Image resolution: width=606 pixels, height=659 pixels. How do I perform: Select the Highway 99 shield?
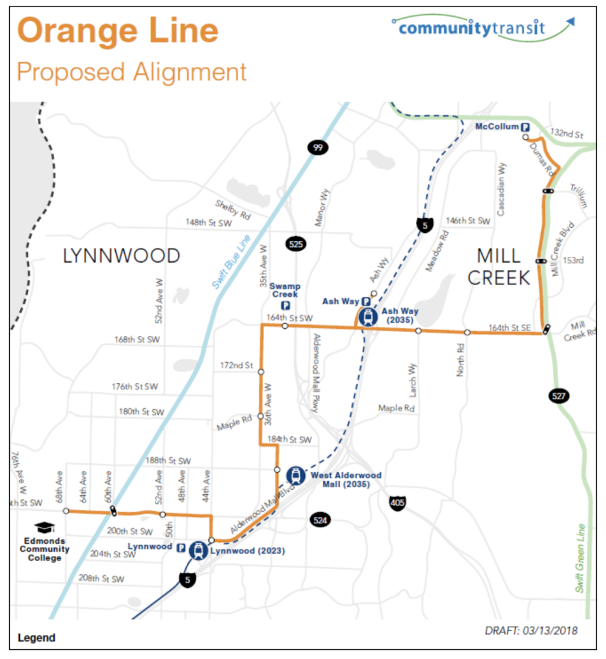317,147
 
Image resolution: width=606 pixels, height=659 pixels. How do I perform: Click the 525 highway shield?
296,244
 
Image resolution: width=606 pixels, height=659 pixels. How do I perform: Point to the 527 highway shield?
558,394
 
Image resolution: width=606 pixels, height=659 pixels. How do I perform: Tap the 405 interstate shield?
398,503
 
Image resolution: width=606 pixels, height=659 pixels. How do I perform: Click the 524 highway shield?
320,519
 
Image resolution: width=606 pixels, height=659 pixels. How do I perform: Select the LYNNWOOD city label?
121,256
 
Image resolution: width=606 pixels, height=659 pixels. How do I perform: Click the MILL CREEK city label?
499,266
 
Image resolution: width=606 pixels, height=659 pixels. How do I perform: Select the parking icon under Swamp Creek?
285,306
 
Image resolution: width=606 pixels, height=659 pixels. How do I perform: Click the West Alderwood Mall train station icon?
295,476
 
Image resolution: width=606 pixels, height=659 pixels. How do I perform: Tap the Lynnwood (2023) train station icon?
198,550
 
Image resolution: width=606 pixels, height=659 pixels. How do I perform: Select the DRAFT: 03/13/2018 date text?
531,630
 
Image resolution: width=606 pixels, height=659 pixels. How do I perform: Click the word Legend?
37,638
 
